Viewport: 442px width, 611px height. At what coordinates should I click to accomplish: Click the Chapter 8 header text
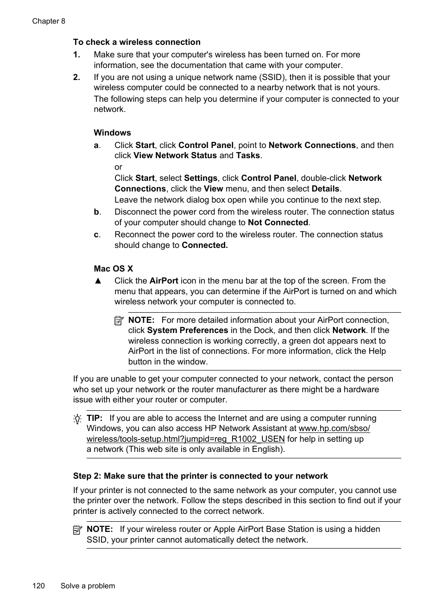(x=49, y=21)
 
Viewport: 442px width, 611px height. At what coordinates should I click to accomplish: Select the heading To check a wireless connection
(x=137, y=42)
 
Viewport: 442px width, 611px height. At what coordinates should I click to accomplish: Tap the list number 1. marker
(x=76, y=55)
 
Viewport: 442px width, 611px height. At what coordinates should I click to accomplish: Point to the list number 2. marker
(x=76, y=77)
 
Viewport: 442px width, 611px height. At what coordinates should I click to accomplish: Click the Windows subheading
(x=112, y=133)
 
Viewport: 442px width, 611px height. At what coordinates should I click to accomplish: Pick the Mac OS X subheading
(x=113, y=269)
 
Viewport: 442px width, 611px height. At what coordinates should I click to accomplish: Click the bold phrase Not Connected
(x=278, y=222)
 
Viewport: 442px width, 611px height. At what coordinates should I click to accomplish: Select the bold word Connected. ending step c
(x=204, y=245)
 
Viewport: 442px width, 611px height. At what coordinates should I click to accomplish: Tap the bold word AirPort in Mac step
(x=164, y=281)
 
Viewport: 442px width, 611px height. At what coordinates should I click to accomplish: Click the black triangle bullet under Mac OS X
(x=98, y=281)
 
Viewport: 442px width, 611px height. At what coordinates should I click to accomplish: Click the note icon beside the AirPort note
(x=119, y=320)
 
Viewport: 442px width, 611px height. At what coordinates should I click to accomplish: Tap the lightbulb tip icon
(x=77, y=419)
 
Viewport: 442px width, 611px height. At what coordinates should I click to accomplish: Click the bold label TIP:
(x=95, y=418)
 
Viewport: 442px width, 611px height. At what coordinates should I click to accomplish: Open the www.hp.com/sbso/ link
(x=334, y=428)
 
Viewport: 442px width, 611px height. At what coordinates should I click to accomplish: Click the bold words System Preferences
(x=187, y=330)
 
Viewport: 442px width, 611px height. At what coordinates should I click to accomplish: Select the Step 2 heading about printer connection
(x=200, y=476)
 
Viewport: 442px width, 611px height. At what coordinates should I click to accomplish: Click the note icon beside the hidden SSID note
(x=77, y=530)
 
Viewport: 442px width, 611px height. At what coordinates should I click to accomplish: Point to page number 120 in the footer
(x=38, y=586)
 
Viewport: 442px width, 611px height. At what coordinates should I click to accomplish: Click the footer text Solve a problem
(x=88, y=586)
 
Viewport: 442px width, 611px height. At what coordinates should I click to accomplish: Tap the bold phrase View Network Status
(x=175, y=155)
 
